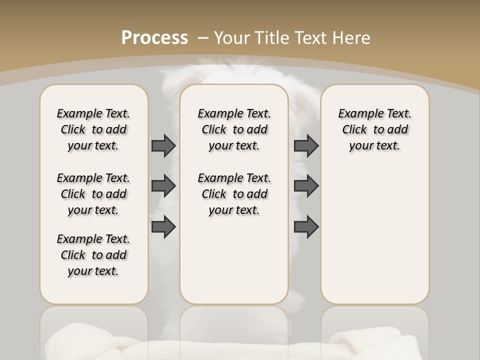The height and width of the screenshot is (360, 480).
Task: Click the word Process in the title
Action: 154,38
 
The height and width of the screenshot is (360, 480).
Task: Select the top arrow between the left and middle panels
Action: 163,145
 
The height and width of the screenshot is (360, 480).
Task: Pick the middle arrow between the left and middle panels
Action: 163,186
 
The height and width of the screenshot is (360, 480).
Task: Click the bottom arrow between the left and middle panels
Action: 163,226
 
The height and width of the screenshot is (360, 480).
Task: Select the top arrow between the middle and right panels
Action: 306,145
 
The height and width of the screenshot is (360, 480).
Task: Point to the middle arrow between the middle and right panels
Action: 306,186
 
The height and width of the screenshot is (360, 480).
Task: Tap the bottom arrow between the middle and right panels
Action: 306,226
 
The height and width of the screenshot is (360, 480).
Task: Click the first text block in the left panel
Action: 93,129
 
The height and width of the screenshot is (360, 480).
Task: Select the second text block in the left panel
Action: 93,194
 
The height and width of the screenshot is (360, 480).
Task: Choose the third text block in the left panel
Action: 93,255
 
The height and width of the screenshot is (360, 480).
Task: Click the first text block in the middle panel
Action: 234,129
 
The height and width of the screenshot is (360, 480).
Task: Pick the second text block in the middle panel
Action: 234,194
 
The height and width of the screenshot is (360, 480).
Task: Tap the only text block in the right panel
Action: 374,129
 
